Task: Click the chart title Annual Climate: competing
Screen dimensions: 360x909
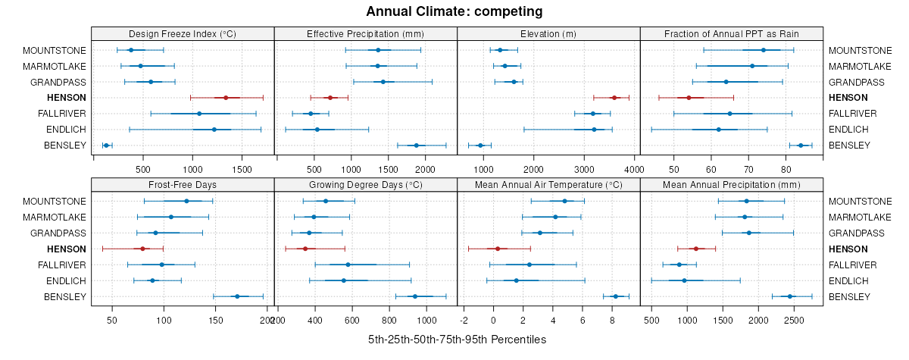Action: click(454, 11)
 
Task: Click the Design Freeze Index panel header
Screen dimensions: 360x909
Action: click(183, 34)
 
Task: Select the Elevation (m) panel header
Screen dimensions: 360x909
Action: click(548, 34)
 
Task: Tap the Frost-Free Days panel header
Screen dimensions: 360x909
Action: click(183, 185)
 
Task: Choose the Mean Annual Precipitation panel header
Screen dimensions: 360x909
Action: click(731, 185)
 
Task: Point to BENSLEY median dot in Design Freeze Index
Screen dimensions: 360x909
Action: click(106, 146)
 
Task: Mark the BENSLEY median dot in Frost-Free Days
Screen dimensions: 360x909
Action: click(237, 296)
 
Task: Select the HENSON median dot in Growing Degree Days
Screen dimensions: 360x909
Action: click(305, 249)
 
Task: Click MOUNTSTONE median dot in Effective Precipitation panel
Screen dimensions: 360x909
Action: click(378, 50)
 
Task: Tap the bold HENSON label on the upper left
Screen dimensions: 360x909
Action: click(67, 98)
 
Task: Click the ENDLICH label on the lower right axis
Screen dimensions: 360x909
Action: click(845, 280)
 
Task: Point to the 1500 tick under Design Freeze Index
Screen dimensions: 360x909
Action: click(242, 168)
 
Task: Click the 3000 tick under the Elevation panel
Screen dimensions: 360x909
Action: click(584, 168)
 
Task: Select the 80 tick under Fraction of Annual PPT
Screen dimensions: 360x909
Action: click(786, 168)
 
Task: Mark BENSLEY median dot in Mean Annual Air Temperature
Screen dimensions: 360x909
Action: click(615, 296)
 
